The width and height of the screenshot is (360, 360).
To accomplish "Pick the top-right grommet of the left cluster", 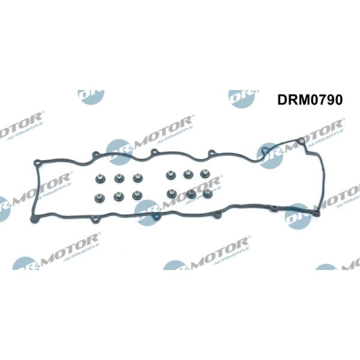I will (x=136, y=178).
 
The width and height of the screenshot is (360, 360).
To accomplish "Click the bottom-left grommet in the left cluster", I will (x=99, y=198).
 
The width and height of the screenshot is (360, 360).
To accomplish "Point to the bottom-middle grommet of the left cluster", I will (x=118, y=197).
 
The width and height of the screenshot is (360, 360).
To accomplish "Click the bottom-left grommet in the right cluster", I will (x=171, y=193).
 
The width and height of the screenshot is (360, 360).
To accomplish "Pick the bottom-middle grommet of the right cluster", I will (x=191, y=193).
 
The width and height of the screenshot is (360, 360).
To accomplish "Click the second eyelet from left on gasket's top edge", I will (x=95, y=155).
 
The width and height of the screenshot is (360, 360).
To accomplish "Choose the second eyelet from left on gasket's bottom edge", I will (x=94, y=221).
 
